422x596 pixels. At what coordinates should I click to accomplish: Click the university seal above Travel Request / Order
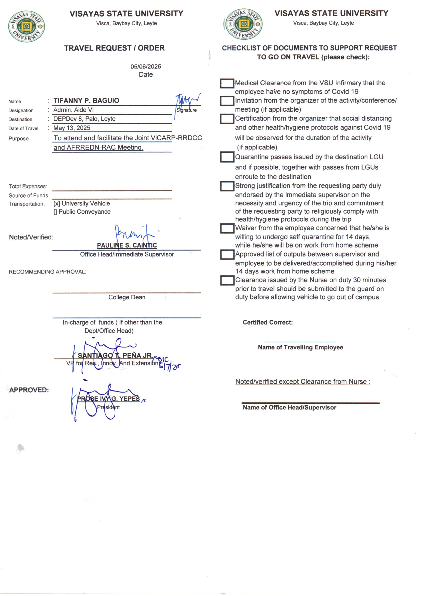coord(27,27)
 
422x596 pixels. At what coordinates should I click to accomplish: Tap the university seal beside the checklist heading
coord(243,24)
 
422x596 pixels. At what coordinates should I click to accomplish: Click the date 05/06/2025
coord(146,67)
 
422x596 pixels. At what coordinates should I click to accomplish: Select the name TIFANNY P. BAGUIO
coord(86,101)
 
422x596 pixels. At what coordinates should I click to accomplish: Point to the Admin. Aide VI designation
coord(73,110)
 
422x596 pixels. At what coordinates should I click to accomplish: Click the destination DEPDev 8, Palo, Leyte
coord(84,119)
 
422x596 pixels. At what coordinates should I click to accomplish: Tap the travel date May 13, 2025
coord(72,128)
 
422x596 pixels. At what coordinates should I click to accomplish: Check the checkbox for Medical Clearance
coord(227,84)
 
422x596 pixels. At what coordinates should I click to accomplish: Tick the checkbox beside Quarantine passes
coord(227,157)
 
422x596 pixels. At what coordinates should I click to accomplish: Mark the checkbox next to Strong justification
coord(227,186)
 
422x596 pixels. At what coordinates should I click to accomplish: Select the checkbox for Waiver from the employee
coord(227,228)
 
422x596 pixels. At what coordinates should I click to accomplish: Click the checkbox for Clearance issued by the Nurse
coord(227,281)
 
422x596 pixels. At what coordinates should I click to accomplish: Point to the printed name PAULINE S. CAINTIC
coord(127,245)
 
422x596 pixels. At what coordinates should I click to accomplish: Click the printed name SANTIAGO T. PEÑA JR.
coord(115,356)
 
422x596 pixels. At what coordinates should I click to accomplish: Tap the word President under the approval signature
coord(108,407)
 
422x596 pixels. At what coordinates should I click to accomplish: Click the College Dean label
coord(127,297)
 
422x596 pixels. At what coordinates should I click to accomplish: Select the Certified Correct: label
coord(268,322)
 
